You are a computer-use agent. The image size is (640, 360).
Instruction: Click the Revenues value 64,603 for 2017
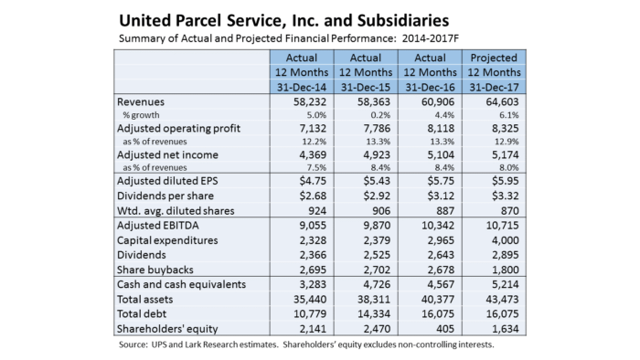tap(502, 102)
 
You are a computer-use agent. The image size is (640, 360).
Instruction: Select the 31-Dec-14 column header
tap(302, 87)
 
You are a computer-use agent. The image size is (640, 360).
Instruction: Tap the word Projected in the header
tap(494, 58)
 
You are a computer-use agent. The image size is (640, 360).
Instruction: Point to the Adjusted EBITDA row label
tap(157, 226)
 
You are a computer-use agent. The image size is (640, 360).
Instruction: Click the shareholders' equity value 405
tap(445, 329)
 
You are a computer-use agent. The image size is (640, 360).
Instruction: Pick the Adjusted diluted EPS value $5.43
tap(377, 181)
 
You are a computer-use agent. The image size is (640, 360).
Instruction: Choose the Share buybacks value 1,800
tap(506, 270)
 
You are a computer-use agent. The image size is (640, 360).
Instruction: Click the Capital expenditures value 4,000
tap(506, 240)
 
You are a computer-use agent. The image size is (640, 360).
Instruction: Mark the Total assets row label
tap(144, 300)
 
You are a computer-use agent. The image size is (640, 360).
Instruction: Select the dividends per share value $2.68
tap(313, 196)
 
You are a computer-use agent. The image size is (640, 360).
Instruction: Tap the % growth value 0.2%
tap(380, 115)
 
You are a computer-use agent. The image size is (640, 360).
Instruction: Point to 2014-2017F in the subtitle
tap(431, 38)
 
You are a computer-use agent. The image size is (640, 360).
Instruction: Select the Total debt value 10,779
tap(310, 314)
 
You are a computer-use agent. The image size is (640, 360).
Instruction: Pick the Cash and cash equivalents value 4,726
tap(377, 284)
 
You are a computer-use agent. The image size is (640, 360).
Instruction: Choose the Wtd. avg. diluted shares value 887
tap(445, 211)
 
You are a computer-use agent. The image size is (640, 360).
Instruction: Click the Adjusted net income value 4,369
tap(313, 155)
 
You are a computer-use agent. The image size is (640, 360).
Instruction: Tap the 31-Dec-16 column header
tap(431, 87)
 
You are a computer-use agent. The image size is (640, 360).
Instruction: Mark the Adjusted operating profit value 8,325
tap(506, 129)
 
